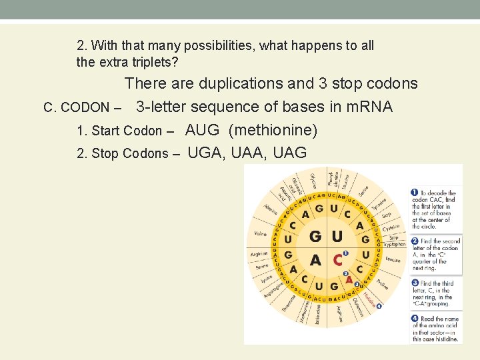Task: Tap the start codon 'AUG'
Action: pos(202,130)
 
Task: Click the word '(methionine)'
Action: pos(273,130)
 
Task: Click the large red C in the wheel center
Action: pos(339,259)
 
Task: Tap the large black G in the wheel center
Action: pos(315,237)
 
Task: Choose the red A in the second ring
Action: pos(349,280)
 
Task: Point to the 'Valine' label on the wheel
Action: pos(260,234)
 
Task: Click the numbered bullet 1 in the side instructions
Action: pos(415,193)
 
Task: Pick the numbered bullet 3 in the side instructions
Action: pos(415,283)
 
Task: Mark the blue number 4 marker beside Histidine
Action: pos(379,306)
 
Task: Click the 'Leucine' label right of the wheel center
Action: pos(393,259)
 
